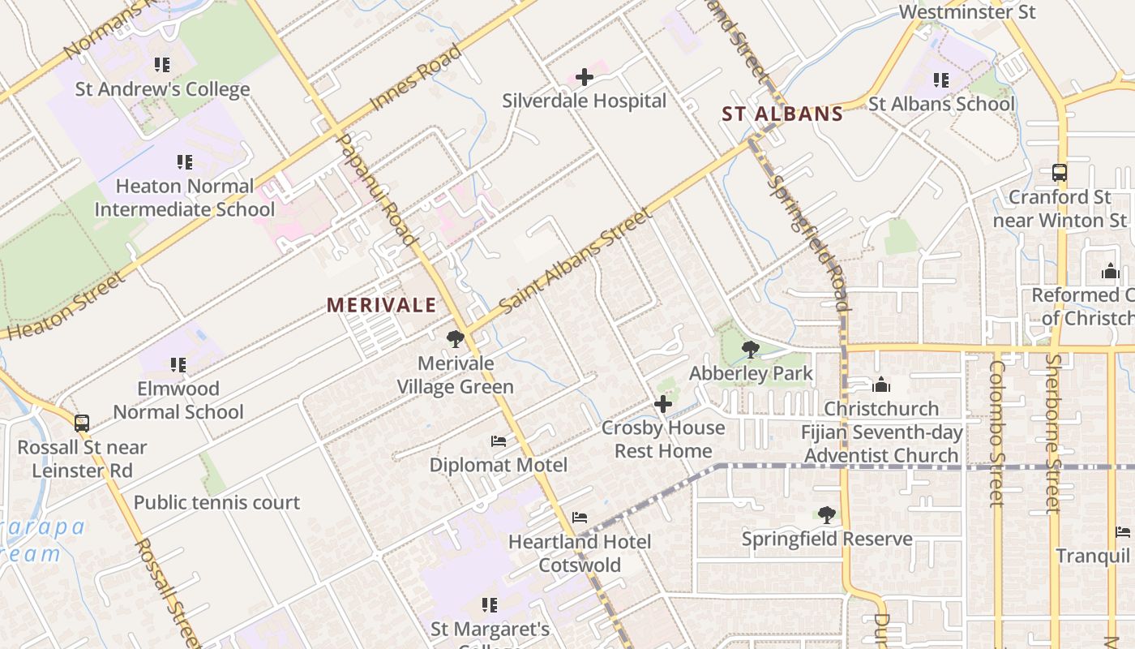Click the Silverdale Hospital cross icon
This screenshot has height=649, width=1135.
click(584, 78)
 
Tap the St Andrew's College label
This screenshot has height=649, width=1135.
click(162, 89)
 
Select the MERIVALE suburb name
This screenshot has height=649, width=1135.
click(381, 306)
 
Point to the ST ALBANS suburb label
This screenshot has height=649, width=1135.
click(782, 114)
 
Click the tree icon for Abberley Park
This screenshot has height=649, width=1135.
click(751, 350)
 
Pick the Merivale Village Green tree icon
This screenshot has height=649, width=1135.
click(456, 339)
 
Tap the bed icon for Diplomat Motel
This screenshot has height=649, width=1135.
click(499, 441)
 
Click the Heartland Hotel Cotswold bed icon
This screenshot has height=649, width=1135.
click(579, 518)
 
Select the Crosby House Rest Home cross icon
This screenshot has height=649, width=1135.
click(663, 404)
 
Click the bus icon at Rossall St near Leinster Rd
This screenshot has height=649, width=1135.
click(82, 423)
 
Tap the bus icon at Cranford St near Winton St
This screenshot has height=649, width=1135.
click(1059, 173)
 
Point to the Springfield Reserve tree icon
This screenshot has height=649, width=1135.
click(826, 515)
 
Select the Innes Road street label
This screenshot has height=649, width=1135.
click(416, 78)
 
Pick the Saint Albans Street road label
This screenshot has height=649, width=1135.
click(576, 261)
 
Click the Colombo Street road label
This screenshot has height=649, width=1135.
click(996, 433)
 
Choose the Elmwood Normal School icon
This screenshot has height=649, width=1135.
click(178, 365)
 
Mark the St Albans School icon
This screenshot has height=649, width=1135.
click(940, 80)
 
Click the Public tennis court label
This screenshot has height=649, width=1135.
click(216, 503)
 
